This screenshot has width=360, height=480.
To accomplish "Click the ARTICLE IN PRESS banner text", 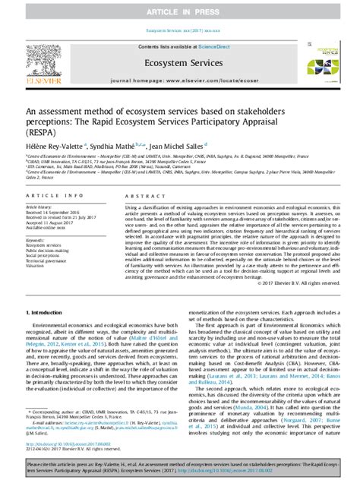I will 179,8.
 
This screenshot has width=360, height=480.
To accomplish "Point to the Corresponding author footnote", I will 72,429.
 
